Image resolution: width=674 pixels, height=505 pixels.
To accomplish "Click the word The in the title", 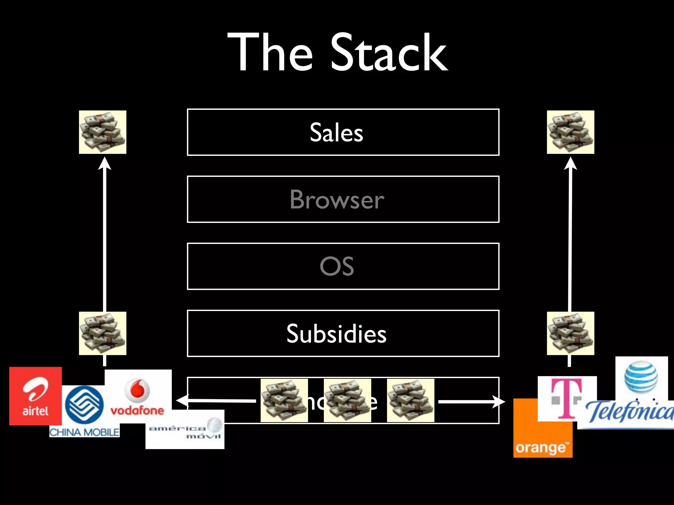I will click(270, 53).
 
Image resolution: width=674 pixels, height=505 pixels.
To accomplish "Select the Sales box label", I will click(336, 132).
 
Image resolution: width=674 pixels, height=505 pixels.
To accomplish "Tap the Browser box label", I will click(337, 200).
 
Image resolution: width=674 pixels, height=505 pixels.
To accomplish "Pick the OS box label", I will click(337, 266).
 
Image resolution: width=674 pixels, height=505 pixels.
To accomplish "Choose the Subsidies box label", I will click(336, 334).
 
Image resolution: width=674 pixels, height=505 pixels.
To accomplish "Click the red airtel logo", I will click(35, 396).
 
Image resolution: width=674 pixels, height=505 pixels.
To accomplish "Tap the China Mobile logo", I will click(84, 411).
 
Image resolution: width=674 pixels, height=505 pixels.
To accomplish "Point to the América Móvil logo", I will click(185, 429).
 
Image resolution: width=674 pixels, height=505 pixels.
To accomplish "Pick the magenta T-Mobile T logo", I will click(567, 398).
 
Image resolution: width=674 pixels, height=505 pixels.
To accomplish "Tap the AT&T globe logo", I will click(641, 377).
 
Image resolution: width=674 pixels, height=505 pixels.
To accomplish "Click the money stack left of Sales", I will click(103, 132).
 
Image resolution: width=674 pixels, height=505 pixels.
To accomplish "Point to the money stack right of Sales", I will click(570, 132).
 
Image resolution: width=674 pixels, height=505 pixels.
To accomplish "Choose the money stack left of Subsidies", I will click(103, 333).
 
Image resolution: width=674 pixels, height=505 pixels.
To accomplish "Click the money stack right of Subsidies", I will click(570, 333).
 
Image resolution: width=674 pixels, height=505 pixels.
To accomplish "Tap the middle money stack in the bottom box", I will click(347, 400).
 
